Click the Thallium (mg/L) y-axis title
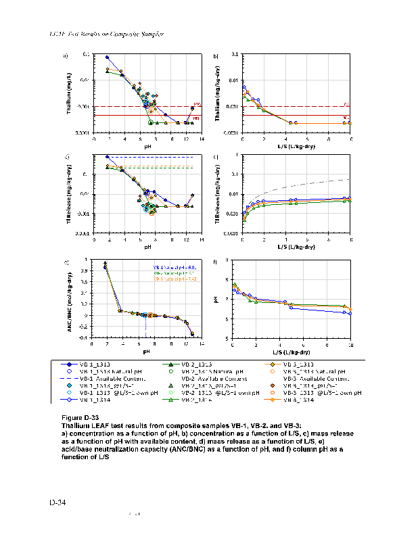71,93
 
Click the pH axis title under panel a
147,145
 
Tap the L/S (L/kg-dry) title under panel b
297,145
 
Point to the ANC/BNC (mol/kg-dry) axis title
71,298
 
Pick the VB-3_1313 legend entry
298,364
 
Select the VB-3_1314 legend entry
298,400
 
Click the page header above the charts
108,34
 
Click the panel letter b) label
216,55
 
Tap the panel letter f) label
216,262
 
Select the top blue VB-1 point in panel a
107,57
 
